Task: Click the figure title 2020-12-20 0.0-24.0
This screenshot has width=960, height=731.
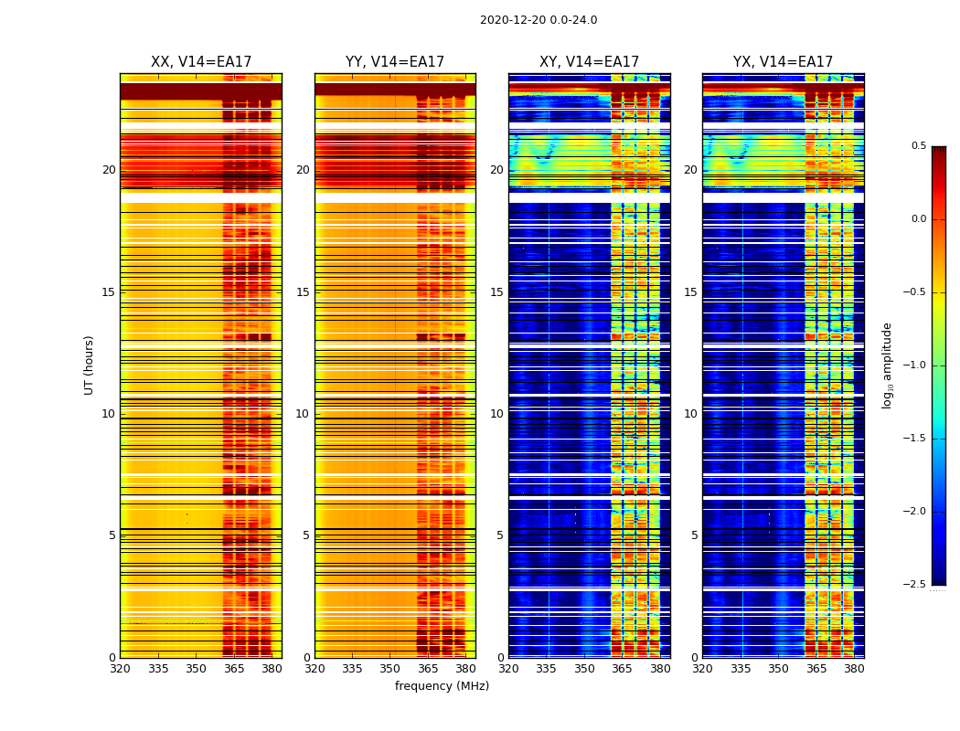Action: click(539, 20)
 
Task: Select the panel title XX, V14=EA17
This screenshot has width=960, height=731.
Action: click(201, 62)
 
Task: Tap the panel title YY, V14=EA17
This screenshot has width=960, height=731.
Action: click(395, 62)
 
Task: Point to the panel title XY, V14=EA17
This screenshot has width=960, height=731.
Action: click(589, 62)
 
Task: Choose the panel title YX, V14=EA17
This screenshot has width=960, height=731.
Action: click(783, 62)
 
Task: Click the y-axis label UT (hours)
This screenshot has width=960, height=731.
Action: click(90, 365)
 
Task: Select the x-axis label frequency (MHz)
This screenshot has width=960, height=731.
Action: click(442, 686)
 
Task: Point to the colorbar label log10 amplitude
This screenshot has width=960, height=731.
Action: click(887, 365)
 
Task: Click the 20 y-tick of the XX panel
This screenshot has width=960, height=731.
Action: click(109, 170)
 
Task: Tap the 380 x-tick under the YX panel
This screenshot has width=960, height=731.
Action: click(854, 669)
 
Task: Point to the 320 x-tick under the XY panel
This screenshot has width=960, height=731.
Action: click(508, 669)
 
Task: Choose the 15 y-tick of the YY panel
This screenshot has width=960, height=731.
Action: click(303, 292)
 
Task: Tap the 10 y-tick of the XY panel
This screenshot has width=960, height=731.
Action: click(496, 414)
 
